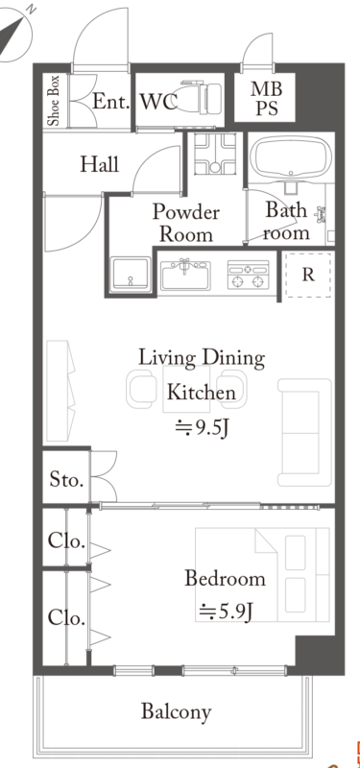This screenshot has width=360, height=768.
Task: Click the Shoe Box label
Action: pyautogui.click(x=54, y=101)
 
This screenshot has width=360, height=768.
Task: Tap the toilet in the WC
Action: pyautogui.click(x=199, y=99)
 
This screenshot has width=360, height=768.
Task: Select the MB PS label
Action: pyautogui.click(x=267, y=98)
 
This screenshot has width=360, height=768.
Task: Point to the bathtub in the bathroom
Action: pyautogui.click(x=291, y=156)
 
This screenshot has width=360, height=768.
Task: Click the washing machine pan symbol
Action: pyautogui.click(x=214, y=154)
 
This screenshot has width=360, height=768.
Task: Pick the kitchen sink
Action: pyautogui.click(x=184, y=275)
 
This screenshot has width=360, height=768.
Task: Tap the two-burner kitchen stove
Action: pyautogui.click(x=249, y=275)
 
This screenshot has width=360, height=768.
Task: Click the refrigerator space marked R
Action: pyautogui.click(x=308, y=275)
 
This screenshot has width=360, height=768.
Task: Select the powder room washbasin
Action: pyautogui.click(x=131, y=274)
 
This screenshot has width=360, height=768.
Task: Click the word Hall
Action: pyautogui.click(x=100, y=164)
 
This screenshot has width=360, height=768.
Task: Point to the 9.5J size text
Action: pyautogui.click(x=203, y=428)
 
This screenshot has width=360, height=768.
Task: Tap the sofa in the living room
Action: pyautogui.click(x=304, y=433)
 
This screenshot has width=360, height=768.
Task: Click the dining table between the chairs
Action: pyautogui.click(x=186, y=390)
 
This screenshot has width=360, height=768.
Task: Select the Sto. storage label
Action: pyautogui.click(x=66, y=479)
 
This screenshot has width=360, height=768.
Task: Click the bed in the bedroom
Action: pyautogui.click(x=262, y=574)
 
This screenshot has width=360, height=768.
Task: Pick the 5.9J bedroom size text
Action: pyautogui.click(x=226, y=612)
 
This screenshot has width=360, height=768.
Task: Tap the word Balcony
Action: pyautogui.click(x=177, y=711)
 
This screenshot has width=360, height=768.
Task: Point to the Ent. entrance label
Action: pyautogui.click(x=111, y=102)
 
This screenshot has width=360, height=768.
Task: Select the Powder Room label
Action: pyautogui.click(x=186, y=224)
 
